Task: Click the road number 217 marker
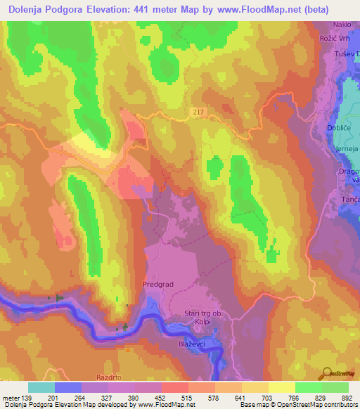(x=200, y=112)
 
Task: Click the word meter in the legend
(x=10, y=397)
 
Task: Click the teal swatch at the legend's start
(x=41, y=387)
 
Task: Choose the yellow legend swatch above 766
(x=281, y=387)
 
